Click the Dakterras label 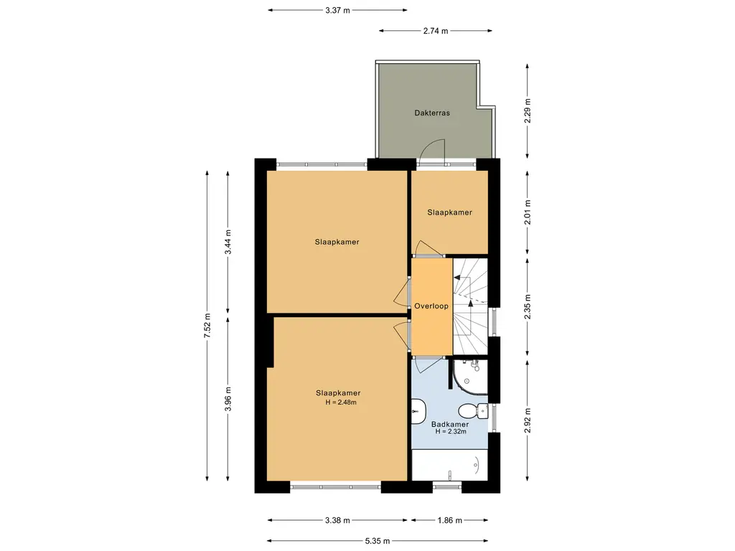431,113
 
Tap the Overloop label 431,306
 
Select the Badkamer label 450,425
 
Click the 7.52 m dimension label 207,325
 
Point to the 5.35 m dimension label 378,541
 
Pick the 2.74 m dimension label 436,31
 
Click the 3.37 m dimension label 337,10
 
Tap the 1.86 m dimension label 449,521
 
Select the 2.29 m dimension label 528,111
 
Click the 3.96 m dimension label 228,399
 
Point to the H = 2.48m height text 341,402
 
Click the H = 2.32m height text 451,431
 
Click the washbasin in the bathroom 418,411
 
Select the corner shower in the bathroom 469,376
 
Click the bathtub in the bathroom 449,465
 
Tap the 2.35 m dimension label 528,307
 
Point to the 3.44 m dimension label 228,242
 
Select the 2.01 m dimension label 528,212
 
